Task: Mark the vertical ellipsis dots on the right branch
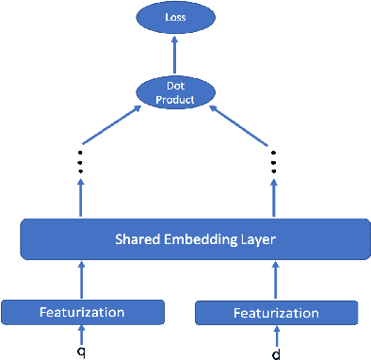coord(274,163)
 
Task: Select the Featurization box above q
coord(83,310)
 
